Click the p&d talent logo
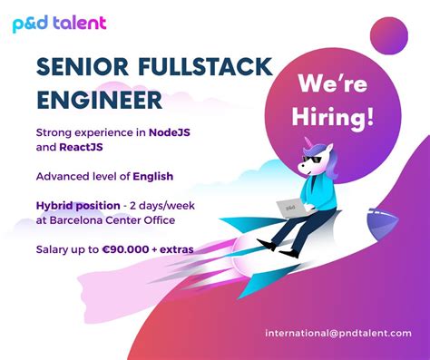coord(59,23)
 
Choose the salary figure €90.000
coord(136,249)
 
